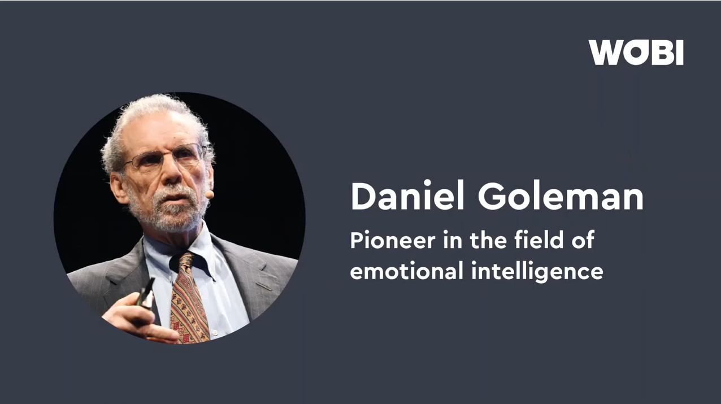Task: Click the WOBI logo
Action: (x=636, y=53)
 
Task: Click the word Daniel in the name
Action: (x=407, y=196)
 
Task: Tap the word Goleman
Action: (x=561, y=197)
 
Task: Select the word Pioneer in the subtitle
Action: (x=393, y=240)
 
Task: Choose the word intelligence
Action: (x=537, y=271)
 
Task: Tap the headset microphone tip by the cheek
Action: (x=210, y=194)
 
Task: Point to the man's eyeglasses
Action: (x=166, y=157)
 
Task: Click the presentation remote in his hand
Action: (x=146, y=294)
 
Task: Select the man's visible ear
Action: (x=119, y=188)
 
